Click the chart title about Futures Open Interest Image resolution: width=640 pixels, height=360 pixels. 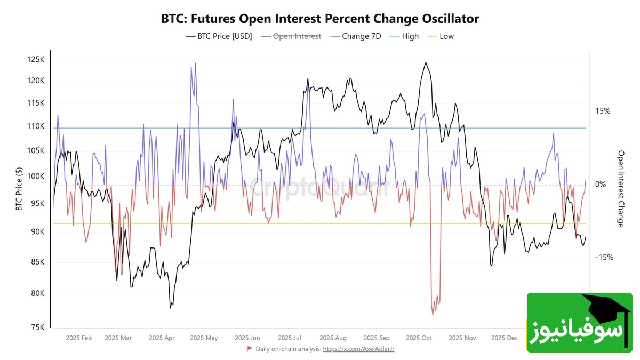(320, 19)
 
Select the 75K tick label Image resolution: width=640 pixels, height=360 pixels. (37, 327)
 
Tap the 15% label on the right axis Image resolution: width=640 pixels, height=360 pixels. (603, 111)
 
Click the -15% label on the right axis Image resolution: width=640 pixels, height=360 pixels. (604, 257)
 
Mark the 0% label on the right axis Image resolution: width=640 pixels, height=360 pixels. (601, 184)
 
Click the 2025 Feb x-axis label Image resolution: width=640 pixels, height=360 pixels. (79, 338)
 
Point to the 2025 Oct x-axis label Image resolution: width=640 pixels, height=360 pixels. (419, 338)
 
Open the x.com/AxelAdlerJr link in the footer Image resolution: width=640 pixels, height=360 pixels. (358, 349)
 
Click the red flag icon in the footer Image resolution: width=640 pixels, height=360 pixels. (249, 349)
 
